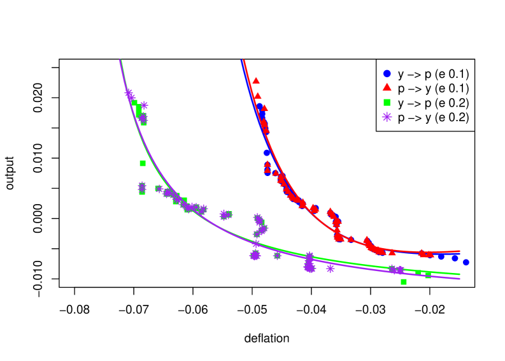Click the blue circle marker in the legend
[x=387, y=73]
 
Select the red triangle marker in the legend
[x=387, y=87]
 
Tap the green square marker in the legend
[x=387, y=102]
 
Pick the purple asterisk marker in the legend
[x=387, y=117]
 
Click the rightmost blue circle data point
[x=466, y=262]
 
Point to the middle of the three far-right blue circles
[x=455, y=258]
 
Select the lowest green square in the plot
[x=404, y=282]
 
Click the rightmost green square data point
[x=428, y=276]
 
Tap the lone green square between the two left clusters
[x=143, y=163]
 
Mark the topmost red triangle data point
[x=256, y=80]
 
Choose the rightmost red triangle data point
[x=430, y=254]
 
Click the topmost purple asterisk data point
[x=128, y=92]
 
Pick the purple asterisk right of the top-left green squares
[x=145, y=105]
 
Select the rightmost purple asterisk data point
[x=401, y=270]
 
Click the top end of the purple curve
[x=120, y=60]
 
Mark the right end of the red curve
[x=460, y=251]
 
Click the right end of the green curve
[x=460, y=275]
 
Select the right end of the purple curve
[x=460, y=279]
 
